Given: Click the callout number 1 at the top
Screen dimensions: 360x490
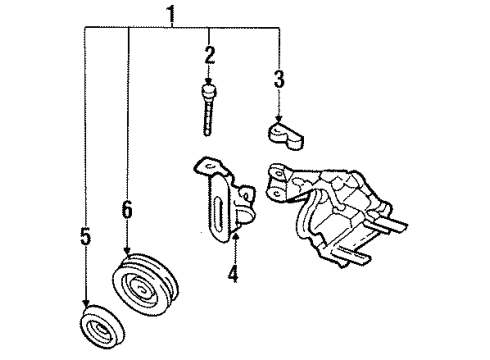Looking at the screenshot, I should (171, 14).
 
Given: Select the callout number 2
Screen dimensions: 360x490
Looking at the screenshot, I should (209, 55).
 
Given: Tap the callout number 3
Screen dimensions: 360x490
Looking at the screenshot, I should (279, 77).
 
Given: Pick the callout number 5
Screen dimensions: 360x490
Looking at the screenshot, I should (84, 237).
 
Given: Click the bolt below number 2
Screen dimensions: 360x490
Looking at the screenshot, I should (208, 109).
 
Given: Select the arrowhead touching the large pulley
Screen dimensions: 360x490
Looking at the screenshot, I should (128, 256).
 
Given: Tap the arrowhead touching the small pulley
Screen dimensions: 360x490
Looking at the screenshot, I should (85, 308).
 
